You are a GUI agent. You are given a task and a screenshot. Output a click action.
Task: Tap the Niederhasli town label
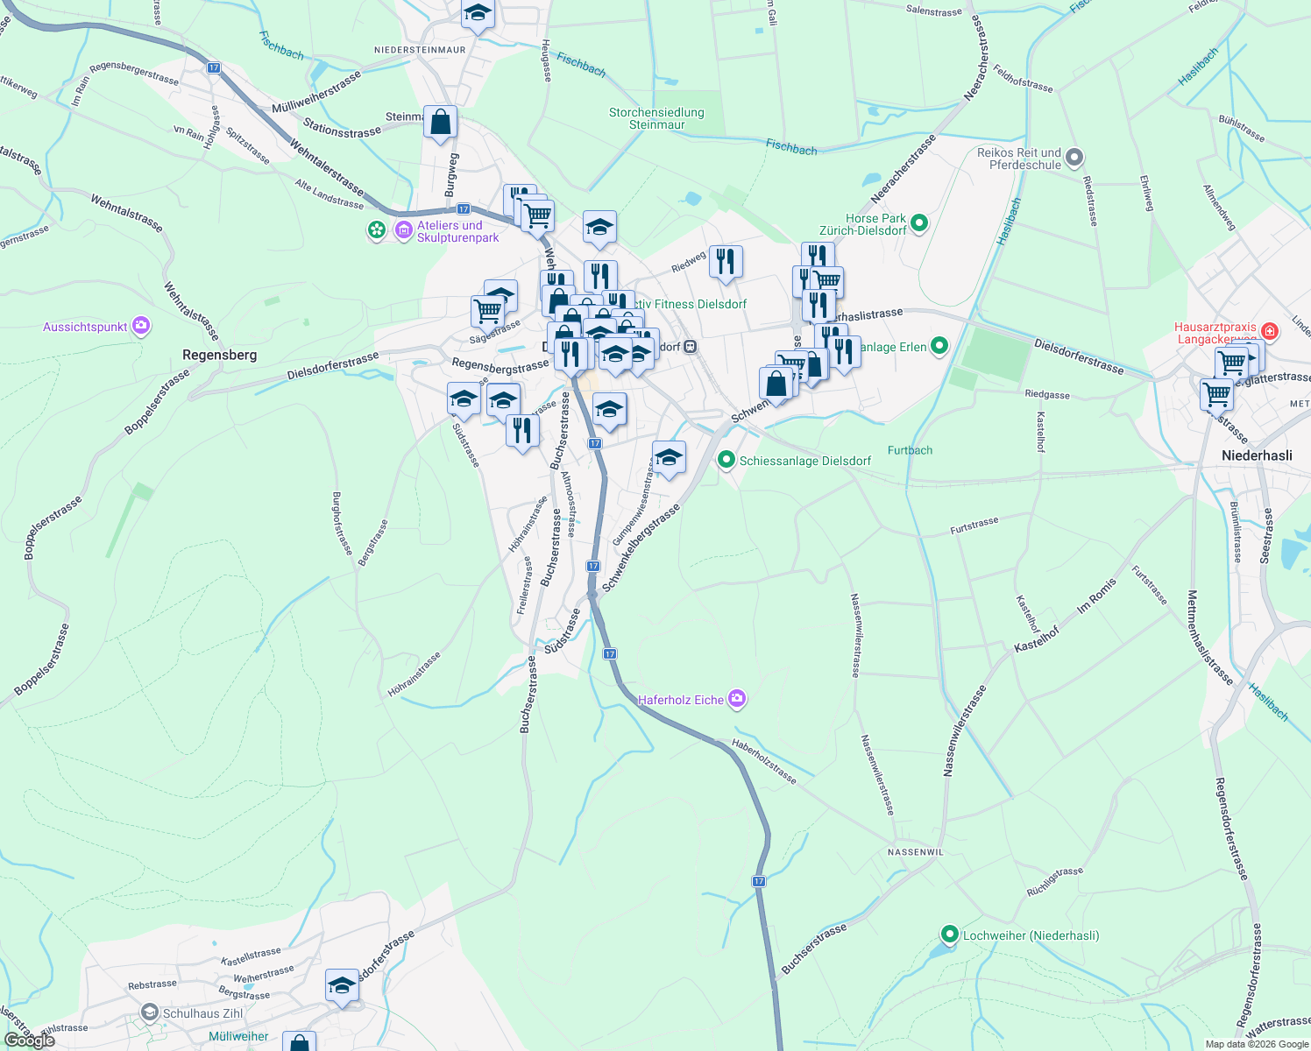1257,455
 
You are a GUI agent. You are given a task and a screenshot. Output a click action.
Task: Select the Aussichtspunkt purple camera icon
141,327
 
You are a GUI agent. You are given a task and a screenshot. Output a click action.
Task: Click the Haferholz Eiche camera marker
737,699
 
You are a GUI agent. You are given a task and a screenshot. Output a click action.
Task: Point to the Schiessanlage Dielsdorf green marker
726,460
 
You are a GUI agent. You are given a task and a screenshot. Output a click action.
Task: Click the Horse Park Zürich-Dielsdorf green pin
918,223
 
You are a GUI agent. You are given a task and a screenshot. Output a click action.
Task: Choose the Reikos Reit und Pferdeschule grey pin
1074,159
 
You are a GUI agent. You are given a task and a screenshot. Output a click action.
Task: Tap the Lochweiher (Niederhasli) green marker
949,935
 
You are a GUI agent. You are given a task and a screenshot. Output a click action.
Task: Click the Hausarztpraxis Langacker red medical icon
1270,331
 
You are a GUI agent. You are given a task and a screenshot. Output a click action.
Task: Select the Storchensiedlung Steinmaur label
656,118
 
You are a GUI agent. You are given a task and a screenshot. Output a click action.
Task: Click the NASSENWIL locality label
915,852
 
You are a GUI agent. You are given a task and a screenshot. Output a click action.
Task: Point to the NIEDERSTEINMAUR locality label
420,50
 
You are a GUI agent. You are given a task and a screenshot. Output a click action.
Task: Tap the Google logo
29,1040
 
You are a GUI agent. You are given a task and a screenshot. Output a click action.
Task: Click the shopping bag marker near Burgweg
440,123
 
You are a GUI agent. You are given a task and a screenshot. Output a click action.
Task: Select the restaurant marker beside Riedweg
726,261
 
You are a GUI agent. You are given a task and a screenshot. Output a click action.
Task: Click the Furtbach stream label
910,450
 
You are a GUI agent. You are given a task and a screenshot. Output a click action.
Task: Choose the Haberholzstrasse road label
764,761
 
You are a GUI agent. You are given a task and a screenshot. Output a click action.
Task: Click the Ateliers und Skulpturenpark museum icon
404,231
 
